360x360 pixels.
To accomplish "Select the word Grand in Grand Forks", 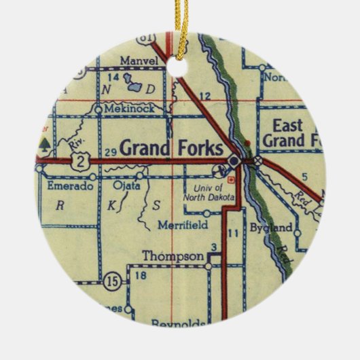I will [x=143, y=147].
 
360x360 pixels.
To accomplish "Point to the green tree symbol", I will [x=45, y=143].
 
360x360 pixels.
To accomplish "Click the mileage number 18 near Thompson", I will [x=141, y=275].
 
